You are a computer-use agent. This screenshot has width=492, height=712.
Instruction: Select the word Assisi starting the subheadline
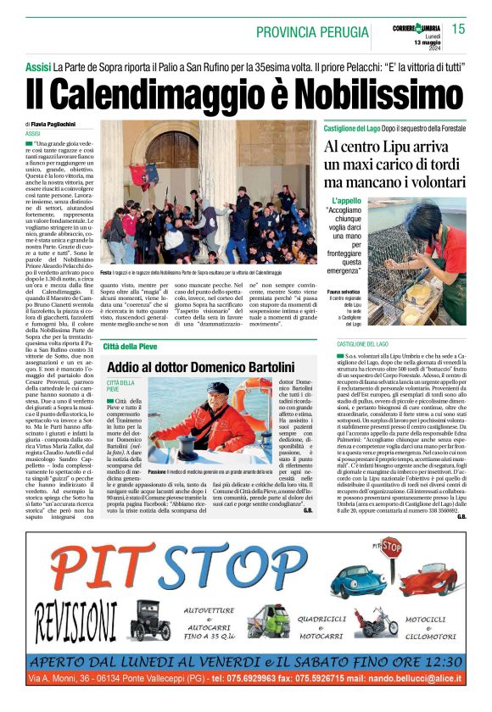[38, 66]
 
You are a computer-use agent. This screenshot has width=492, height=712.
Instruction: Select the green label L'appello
[349, 200]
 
